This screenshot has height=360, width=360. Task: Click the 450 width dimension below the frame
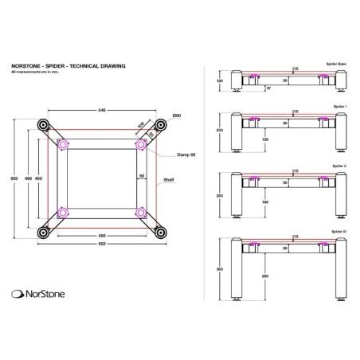(x=102, y=237)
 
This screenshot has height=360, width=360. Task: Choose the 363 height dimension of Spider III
(x=219, y=269)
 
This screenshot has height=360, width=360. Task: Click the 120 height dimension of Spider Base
(x=219, y=80)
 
